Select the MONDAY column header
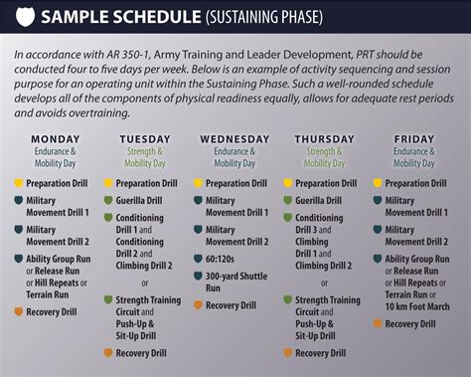[x=56, y=138]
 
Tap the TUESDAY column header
[x=145, y=138]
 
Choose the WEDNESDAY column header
[x=234, y=138]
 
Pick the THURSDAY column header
[x=324, y=138]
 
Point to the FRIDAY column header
[x=413, y=138]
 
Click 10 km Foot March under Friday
[x=417, y=306]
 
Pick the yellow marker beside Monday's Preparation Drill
[x=18, y=183]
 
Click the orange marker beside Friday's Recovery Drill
[x=377, y=323]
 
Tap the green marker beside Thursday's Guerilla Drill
[x=287, y=200]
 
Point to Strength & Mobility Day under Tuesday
[x=145, y=157]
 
